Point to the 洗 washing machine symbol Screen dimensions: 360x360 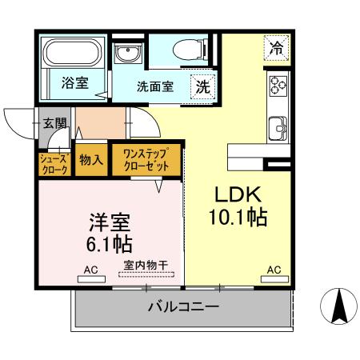tap(202, 87)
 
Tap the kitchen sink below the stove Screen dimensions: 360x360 tap(278, 127)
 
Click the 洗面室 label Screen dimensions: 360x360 tap(154, 87)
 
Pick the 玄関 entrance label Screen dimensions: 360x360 tap(55, 124)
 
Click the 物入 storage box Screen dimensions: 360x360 tap(91, 159)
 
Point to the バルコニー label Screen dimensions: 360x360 tap(183, 307)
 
